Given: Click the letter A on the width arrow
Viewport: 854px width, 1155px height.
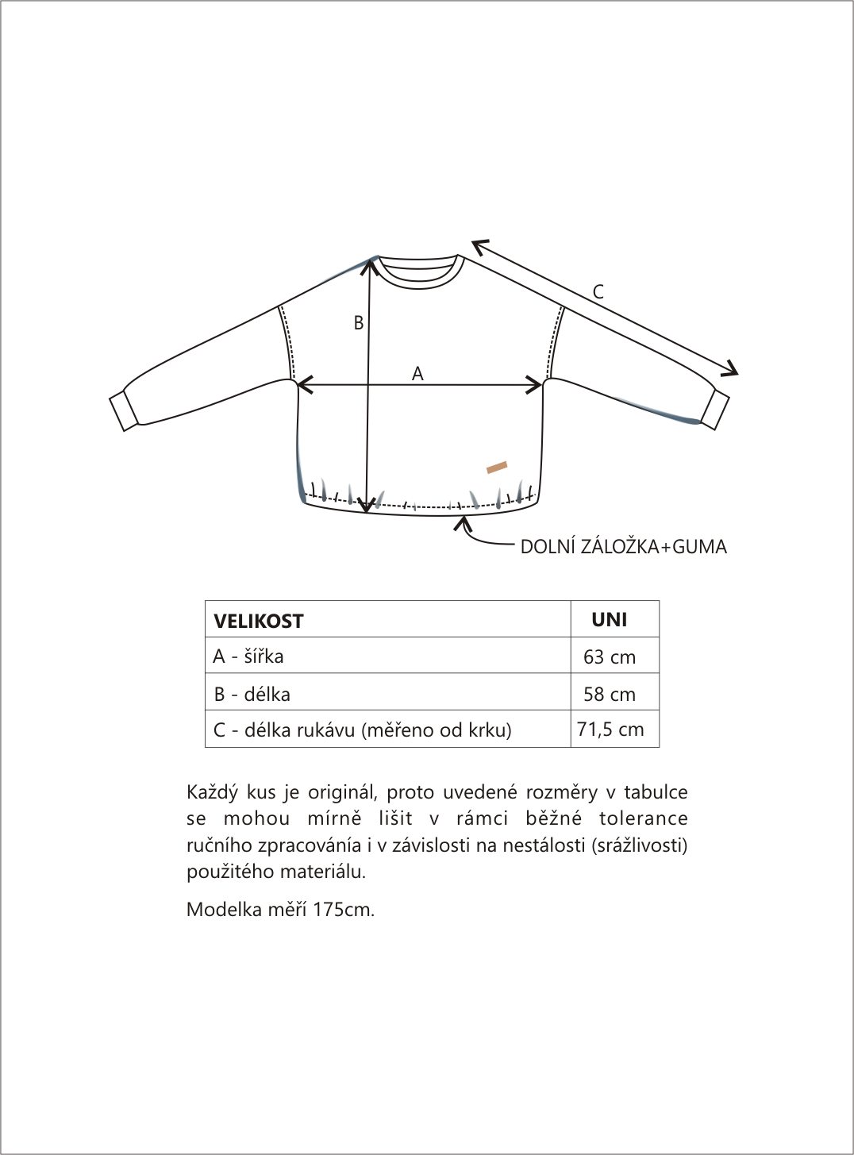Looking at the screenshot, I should click(417, 373).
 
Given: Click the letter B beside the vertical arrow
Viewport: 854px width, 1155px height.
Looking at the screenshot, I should click(359, 323).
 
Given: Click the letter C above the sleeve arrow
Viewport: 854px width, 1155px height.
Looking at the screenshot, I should click(598, 292).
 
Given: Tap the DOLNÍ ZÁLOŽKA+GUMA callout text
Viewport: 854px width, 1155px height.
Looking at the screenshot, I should click(623, 547).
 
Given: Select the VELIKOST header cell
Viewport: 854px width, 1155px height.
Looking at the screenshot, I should click(259, 621).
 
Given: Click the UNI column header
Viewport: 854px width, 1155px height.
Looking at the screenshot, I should click(610, 620).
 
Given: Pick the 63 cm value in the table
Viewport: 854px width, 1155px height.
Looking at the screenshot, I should click(610, 656).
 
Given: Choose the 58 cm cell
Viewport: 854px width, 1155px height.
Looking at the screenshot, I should click(610, 694).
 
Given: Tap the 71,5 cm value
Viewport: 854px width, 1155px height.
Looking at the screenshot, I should click(610, 730).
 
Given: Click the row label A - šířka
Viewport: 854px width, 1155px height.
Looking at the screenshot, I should click(248, 656).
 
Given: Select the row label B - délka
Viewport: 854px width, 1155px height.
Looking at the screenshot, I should click(252, 694).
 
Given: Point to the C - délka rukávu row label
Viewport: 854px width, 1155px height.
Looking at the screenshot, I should click(362, 730).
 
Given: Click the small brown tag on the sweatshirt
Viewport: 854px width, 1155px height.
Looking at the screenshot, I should click(497, 467).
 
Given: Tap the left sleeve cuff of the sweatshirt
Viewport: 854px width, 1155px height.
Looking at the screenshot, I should click(123, 410).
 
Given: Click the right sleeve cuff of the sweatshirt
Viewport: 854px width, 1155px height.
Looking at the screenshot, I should click(715, 409).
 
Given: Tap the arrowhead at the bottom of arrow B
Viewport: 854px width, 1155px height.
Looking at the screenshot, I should click(367, 505).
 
